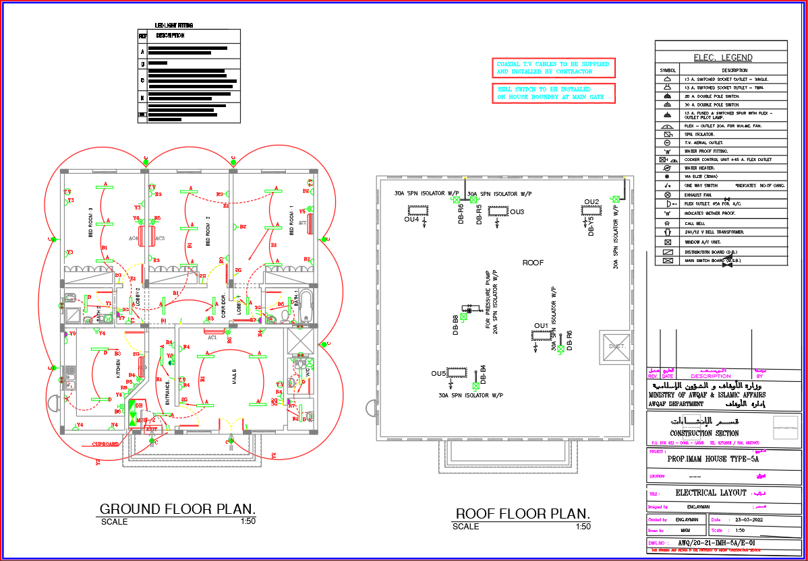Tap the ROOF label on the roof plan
[533, 263]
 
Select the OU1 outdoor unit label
[541, 326]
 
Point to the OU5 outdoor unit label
[438, 373]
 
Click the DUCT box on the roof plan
[616, 345]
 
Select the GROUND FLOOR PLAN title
[177, 509]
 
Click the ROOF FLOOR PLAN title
[523, 515]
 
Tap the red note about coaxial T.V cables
[553, 67]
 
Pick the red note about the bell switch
[553, 93]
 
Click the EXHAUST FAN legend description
[699, 195]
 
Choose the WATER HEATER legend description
[699, 168]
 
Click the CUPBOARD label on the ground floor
[106, 444]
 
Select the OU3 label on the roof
[517, 212]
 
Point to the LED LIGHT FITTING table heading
[174, 25]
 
